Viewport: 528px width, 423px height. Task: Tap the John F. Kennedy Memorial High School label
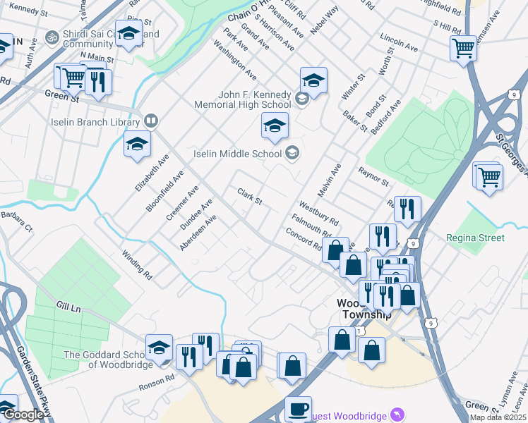(244, 99)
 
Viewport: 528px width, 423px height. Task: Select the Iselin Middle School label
(239, 153)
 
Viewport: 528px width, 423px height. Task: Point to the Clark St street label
(249, 197)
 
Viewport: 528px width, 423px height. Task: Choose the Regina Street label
(475, 238)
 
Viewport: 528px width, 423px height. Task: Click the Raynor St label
(373, 176)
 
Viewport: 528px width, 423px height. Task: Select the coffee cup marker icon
(297, 408)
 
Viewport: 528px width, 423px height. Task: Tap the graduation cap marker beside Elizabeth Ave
(137, 145)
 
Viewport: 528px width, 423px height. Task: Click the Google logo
(23, 415)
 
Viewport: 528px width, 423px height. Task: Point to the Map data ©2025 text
(498, 417)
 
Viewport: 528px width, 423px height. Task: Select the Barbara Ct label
(17, 221)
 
